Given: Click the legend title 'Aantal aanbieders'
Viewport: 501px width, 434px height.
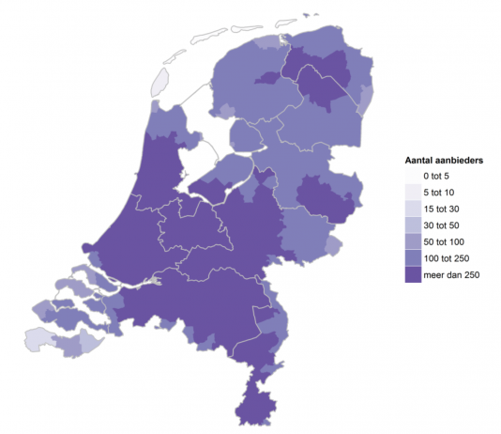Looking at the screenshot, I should coord(443,161).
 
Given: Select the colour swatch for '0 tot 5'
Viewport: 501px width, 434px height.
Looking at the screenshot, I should coord(412,176).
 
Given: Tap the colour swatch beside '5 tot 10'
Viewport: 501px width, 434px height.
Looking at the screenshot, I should coord(412,193).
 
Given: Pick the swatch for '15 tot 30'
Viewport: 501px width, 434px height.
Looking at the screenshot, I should coord(412,209).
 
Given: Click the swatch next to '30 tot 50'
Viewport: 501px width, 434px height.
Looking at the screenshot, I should coord(412,225).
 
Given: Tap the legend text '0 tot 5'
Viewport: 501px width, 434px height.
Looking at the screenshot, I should coord(438,176).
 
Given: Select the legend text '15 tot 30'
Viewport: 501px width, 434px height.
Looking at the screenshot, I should coord(441,209).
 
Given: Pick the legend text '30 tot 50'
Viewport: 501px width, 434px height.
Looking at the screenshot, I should coord(441,225).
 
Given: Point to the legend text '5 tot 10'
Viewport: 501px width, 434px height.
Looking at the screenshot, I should coord(438,193).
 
